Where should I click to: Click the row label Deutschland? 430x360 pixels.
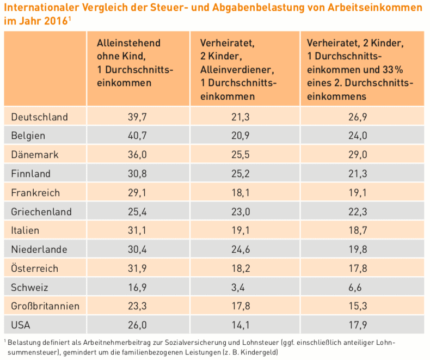coord(39,117)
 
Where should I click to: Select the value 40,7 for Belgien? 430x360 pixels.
coord(137,136)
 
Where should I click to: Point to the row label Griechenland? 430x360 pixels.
coord(41,212)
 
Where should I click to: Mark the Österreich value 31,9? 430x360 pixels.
coord(137,269)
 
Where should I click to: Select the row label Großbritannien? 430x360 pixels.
coord(45,307)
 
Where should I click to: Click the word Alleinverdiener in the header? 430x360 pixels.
coord(235,70)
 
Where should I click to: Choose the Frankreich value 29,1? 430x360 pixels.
coord(137,193)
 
